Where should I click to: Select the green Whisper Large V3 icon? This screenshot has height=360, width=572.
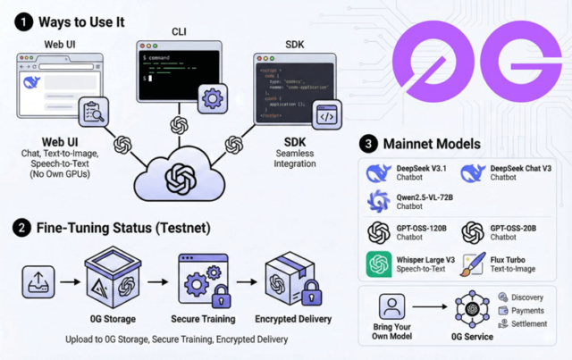pos(380,265)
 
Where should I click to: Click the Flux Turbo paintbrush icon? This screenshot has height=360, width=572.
pos(474,265)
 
